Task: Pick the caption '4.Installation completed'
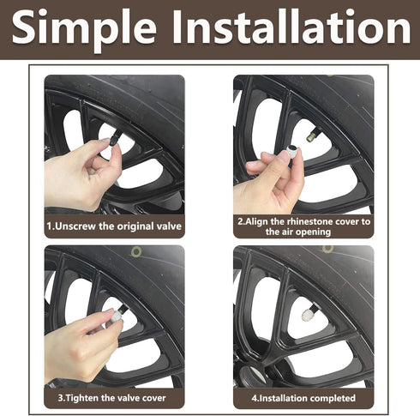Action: tap(303, 398)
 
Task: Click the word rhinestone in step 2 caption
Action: tap(301, 220)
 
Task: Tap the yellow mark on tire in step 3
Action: tap(135, 251)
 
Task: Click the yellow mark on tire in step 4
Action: tap(328, 249)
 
